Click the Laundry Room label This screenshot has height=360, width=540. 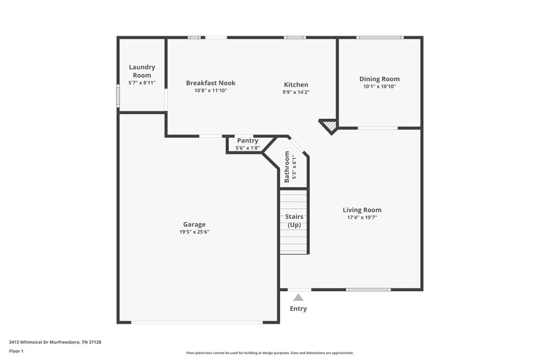(142, 71)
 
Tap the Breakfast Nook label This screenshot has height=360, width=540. (211, 83)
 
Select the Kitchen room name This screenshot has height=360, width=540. (296, 84)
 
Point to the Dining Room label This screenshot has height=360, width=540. (379, 79)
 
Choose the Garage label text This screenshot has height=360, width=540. (194, 224)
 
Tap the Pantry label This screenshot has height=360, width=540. (247, 140)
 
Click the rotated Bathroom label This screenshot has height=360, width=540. (287, 168)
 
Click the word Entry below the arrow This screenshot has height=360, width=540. (298, 309)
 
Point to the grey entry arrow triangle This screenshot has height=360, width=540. (298, 297)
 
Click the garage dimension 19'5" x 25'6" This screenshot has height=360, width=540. (194, 232)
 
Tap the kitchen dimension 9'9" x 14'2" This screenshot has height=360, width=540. (296, 92)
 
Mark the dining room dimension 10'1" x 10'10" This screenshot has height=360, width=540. (379, 86)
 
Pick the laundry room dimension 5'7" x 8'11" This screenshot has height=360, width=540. (142, 83)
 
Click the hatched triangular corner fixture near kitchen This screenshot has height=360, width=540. (329, 126)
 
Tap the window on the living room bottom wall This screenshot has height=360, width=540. (369, 290)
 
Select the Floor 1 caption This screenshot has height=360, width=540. (16, 351)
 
